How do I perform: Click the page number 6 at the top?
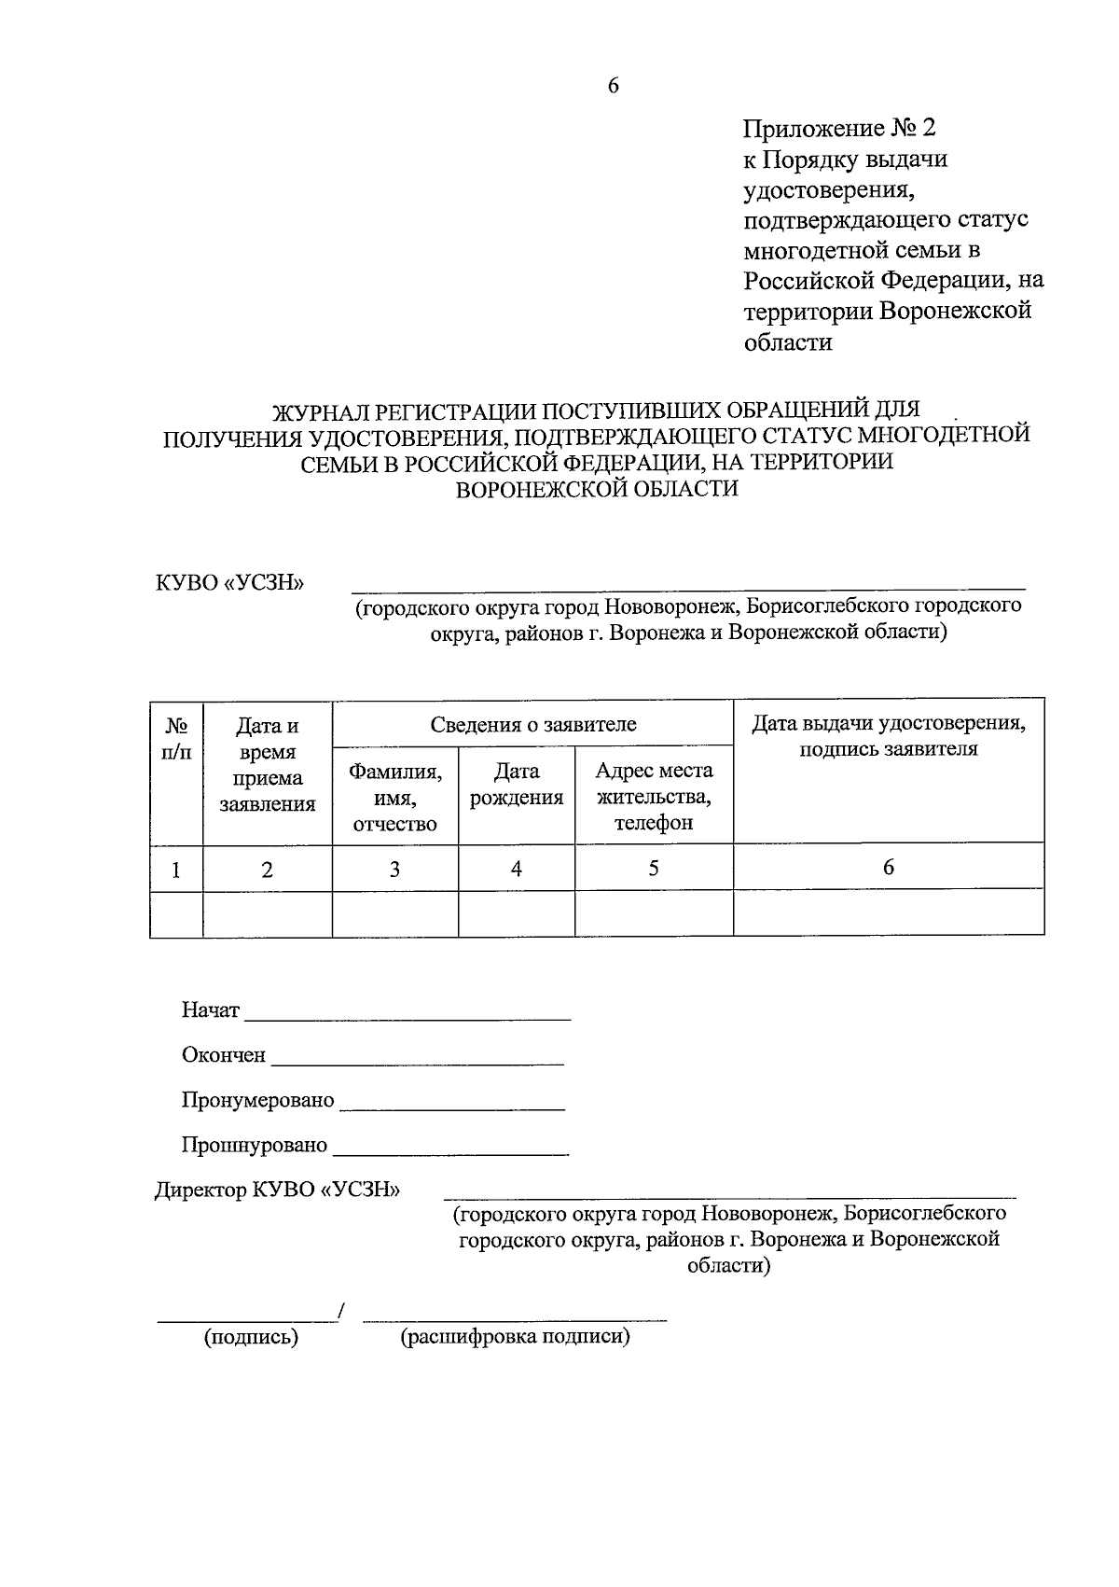click(613, 86)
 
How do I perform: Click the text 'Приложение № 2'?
click(838, 128)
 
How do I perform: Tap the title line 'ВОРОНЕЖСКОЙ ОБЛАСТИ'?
click(596, 489)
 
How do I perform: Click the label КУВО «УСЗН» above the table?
click(230, 583)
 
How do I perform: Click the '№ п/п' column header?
click(176, 738)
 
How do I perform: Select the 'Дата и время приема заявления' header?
click(268, 764)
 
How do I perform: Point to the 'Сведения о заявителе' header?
click(532, 724)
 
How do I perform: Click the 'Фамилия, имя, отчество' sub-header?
click(394, 798)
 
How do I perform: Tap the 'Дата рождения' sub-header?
click(516, 785)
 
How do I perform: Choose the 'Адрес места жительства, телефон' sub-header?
click(654, 796)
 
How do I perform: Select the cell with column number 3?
click(394, 870)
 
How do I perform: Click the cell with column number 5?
click(654, 869)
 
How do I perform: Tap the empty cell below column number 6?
click(889, 912)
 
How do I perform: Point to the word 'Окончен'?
click(223, 1055)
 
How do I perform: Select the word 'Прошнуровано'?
click(254, 1145)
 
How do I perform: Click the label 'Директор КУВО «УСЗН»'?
click(277, 1190)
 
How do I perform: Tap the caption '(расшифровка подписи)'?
click(516, 1337)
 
